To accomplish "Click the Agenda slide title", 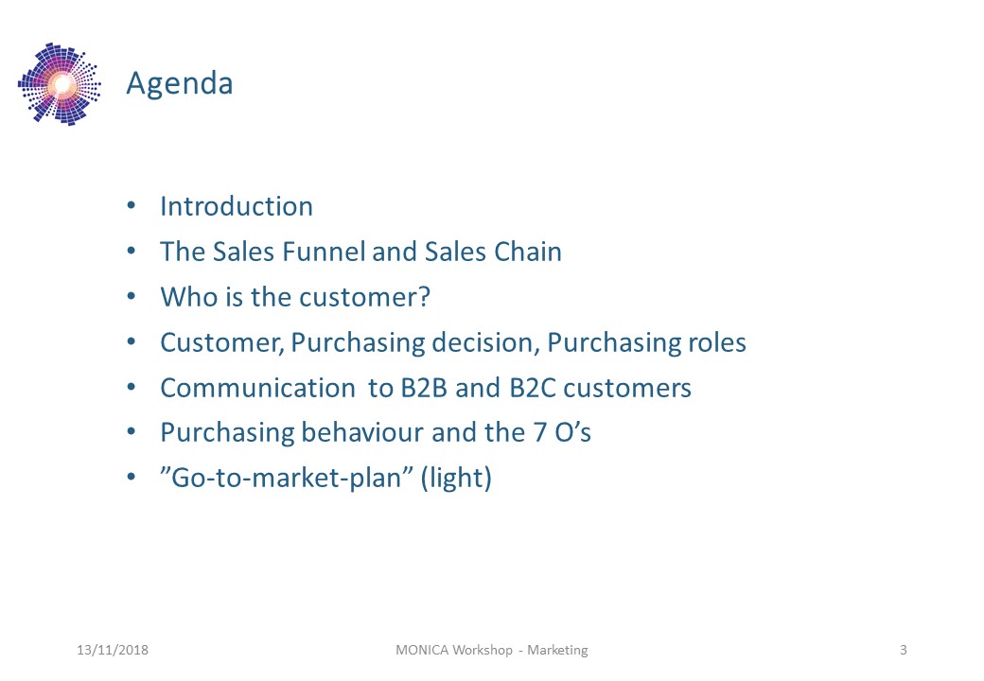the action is point(180,84).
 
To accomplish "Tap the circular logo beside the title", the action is point(60,84).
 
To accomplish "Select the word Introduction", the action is point(237,206).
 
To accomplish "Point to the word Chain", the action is point(527,252).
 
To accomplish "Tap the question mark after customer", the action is point(424,297).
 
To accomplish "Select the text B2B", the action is point(424,388).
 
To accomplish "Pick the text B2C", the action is point(532,388).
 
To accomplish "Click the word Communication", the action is point(258,388).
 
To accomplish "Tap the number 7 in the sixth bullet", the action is point(539,433).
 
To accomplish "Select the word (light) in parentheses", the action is point(456,478).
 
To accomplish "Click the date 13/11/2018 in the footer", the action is point(113,651).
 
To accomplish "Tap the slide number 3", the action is point(904,651).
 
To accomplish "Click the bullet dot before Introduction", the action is point(132,205).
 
